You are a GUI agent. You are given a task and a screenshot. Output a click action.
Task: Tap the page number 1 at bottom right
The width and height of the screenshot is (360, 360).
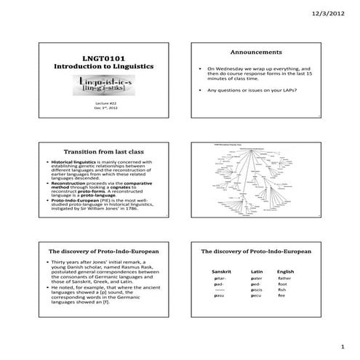[341, 348]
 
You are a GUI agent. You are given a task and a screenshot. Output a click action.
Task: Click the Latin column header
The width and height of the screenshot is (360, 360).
[255, 271]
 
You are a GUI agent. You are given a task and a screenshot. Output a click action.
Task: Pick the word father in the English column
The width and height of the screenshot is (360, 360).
[284, 279]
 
